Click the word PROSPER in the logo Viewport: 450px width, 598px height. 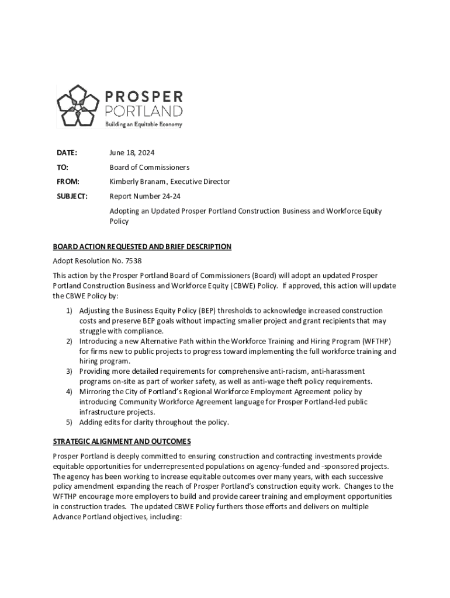tap(144, 96)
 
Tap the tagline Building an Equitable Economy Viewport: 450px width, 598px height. tap(143, 124)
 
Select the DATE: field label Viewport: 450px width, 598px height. tap(67, 153)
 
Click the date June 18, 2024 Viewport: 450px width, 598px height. tap(132, 153)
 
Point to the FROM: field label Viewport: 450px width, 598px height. tap(68, 182)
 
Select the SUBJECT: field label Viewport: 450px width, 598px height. tap(72, 196)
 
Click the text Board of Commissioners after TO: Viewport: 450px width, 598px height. tap(149, 167)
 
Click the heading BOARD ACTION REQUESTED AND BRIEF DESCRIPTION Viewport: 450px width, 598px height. tap(142, 247)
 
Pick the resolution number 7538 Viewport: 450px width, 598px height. tap(133, 261)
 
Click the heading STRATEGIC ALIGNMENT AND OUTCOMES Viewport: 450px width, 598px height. tap(122, 441)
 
